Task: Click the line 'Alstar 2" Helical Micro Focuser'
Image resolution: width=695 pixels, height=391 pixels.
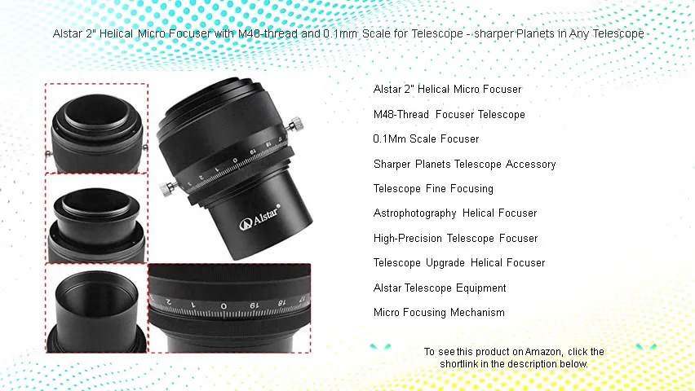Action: [x=447, y=89]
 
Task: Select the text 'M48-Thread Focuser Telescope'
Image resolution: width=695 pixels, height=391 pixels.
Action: [x=449, y=114]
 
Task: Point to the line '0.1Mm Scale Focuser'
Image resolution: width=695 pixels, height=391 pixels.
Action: [x=426, y=138]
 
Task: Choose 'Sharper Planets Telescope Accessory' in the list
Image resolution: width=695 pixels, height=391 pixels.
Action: [x=464, y=164]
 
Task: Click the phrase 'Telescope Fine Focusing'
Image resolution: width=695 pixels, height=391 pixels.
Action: [x=433, y=188]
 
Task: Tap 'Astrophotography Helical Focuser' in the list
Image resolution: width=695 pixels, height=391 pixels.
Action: [x=455, y=213]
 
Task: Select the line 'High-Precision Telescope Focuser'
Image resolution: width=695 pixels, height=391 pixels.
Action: [x=455, y=238]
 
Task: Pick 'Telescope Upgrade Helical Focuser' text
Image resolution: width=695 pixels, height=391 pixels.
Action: [x=458, y=262]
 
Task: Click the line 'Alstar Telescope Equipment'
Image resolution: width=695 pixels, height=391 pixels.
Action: [x=440, y=288]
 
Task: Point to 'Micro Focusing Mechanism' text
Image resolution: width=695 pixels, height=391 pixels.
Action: [x=439, y=312]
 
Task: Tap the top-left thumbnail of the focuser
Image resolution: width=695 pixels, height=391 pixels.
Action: [x=96, y=127]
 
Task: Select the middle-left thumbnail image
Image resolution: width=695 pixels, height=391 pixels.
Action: [x=96, y=217]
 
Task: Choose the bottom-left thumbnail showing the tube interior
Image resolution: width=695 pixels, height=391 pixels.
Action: [x=96, y=307]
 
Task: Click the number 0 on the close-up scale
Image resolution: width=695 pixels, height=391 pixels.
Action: [x=224, y=306]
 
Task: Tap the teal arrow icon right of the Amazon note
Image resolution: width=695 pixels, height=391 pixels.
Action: [x=646, y=347]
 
